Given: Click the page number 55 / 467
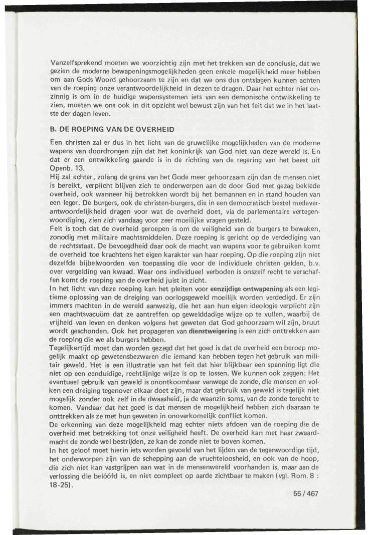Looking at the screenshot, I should coord(305,493).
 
